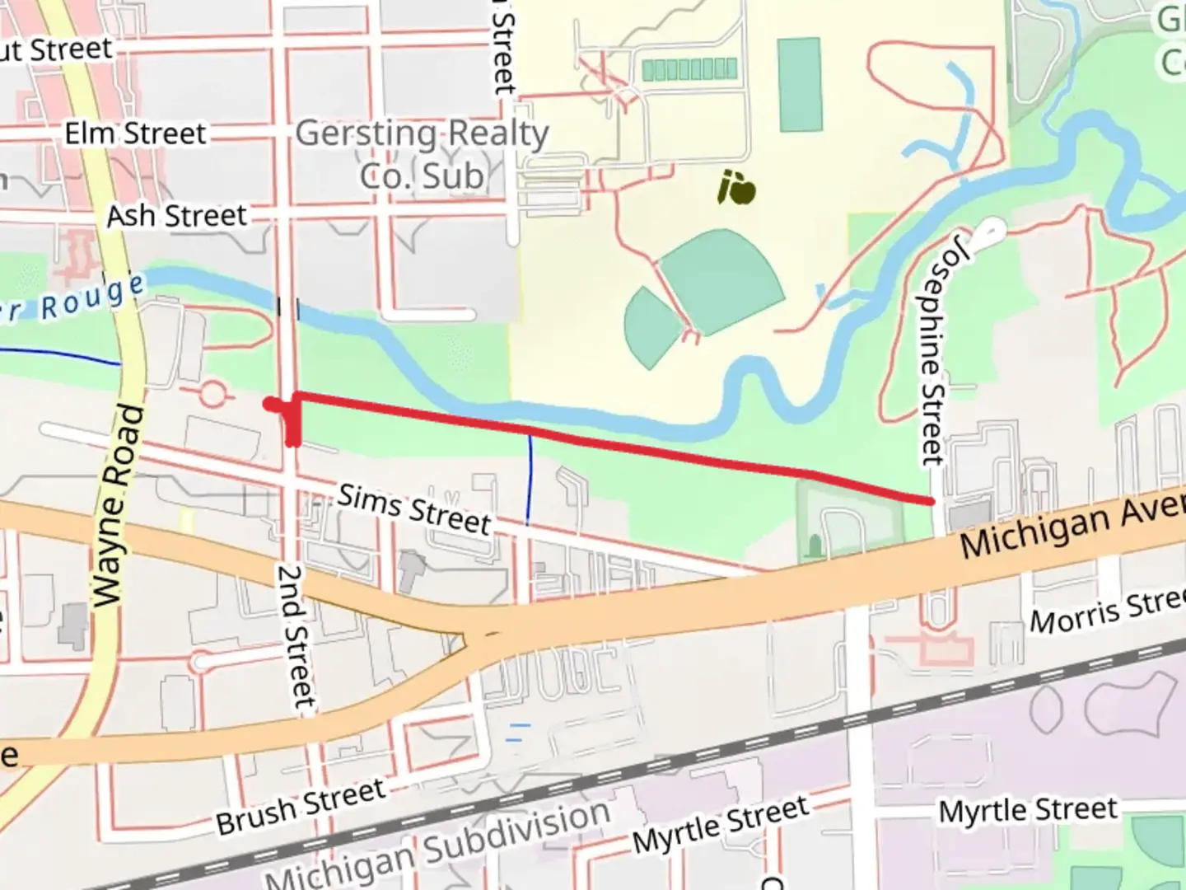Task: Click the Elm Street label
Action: [135, 133]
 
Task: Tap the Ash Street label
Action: [176, 216]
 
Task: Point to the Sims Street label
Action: [414, 508]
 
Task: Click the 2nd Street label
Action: [295, 635]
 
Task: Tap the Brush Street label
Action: [301, 805]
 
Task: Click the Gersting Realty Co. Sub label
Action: [422, 154]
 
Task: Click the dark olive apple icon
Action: [736, 188]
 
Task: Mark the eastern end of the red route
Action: [931, 500]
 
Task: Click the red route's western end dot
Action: [268, 403]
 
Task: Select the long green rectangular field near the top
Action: [800, 85]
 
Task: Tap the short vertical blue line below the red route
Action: [530, 479]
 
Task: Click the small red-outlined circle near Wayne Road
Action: [212, 395]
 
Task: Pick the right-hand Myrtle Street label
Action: [1028, 811]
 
